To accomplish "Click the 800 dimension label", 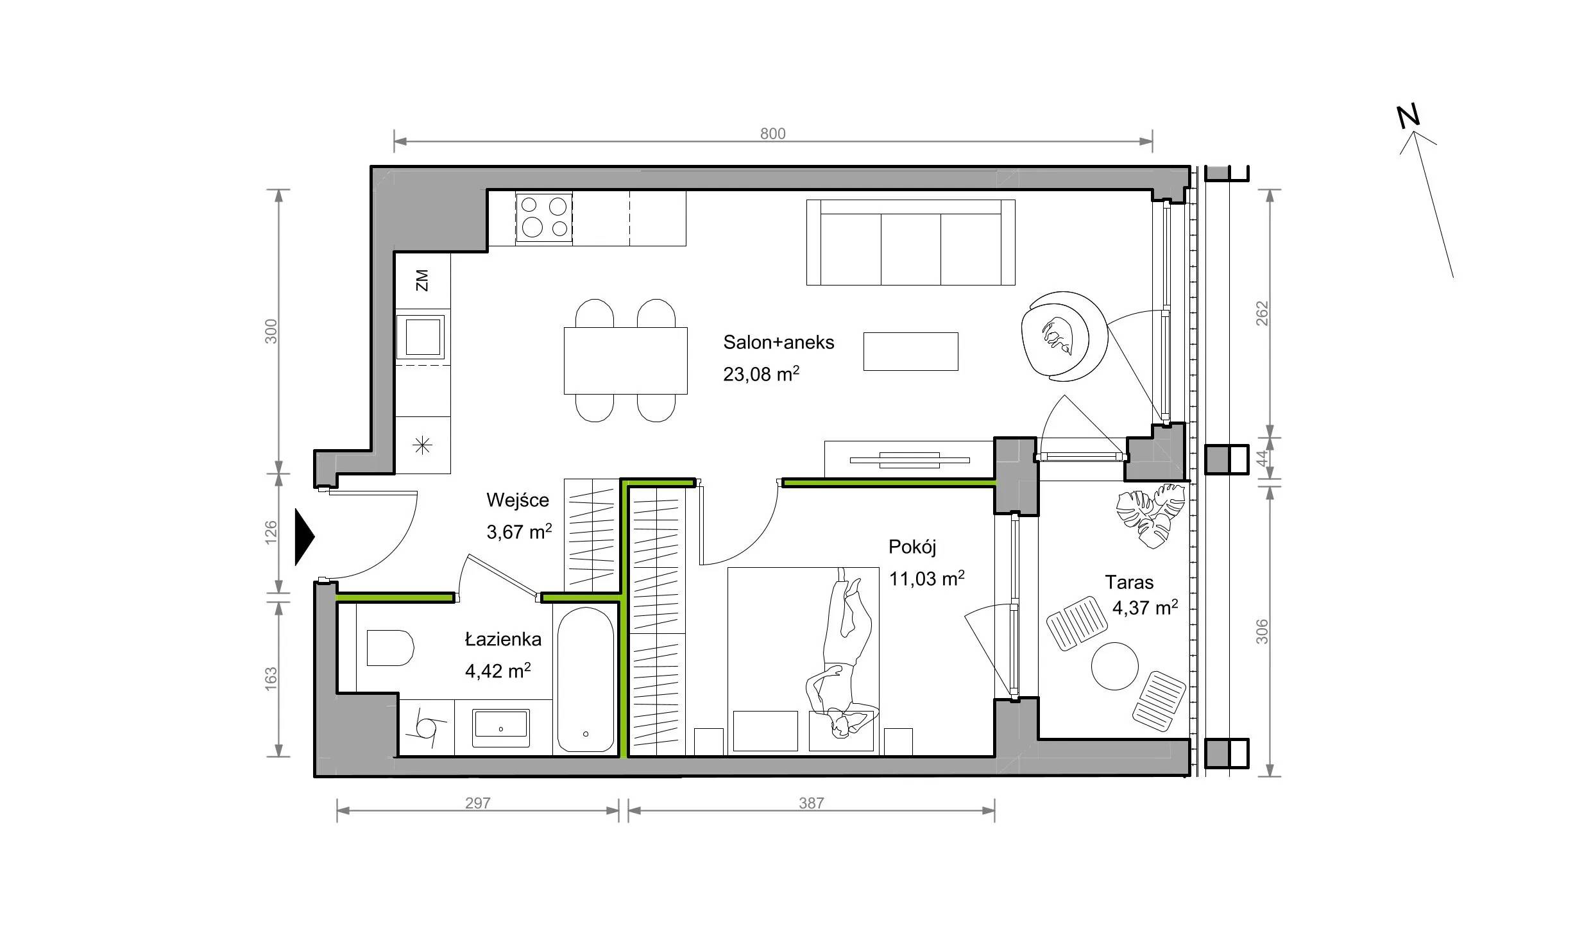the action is click(772, 133).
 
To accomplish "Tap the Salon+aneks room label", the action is click(779, 343).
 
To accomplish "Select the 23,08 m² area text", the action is click(761, 373).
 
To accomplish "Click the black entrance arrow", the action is click(305, 537).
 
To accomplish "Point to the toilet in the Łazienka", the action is click(389, 647).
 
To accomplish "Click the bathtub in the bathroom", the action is click(586, 679).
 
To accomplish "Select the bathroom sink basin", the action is click(501, 728).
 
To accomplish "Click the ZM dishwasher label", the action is click(421, 280).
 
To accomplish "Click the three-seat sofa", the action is click(910, 242).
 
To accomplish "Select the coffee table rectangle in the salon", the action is click(910, 351).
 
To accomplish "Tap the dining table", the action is click(625, 361).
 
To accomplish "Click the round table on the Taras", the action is click(1115, 666).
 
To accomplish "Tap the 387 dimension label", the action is click(811, 803).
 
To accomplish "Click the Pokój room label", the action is click(912, 547).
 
